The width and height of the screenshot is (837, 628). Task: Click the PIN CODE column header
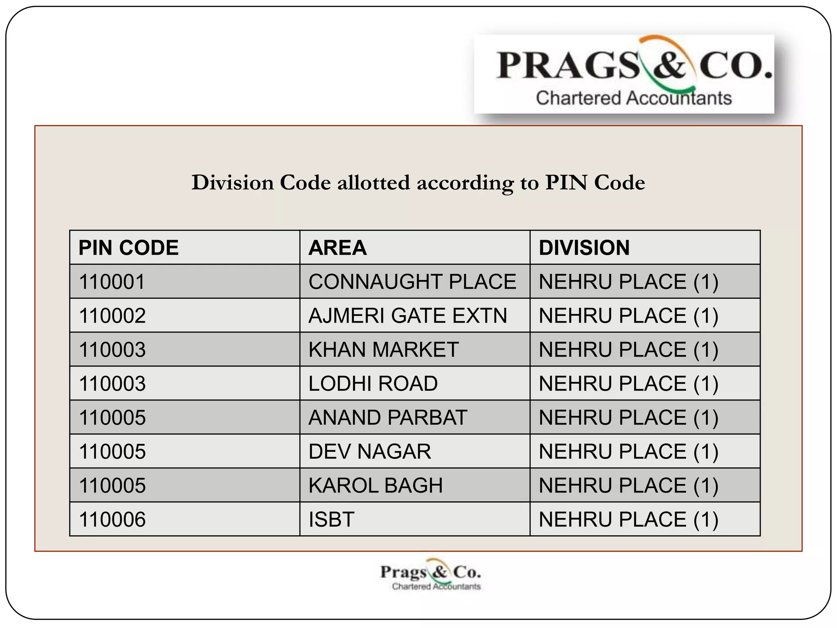pyautogui.click(x=128, y=248)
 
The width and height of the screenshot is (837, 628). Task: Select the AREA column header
pyautogui.click(x=338, y=248)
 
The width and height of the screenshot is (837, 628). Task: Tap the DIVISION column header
pyautogui.click(x=584, y=248)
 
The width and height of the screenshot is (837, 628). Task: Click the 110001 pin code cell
pyautogui.click(x=112, y=282)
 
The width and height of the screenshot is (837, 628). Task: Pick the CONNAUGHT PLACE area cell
pyautogui.click(x=412, y=282)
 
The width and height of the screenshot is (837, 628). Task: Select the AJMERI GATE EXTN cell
pyautogui.click(x=407, y=316)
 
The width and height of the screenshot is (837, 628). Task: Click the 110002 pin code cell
pyautogui.click(x=112, y=316)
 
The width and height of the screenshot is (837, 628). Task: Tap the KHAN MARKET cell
pyautogui.click(x=383, y=350)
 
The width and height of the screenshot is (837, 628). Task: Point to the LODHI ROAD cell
pyautogui.click(x=373, y=384)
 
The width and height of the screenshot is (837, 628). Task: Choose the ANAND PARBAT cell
pyautogui.click(x=387, y=417)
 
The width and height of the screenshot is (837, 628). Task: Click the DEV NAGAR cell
pyautogui.click(x=369, y=451)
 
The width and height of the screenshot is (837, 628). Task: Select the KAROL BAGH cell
pyautogui.click(x=375, y=485)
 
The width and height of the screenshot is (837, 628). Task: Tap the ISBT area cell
pyautogui.click(x=331, y=519)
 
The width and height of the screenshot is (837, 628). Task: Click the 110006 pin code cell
pyautogui.click(x=112, y=519)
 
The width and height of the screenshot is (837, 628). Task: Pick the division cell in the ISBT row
pyautogui.click(x=628, y=519)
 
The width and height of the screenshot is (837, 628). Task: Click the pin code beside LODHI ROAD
pyautogui.click(x=112, y=384)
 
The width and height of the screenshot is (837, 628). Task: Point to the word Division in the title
pyautogui.click(x=233, y=182)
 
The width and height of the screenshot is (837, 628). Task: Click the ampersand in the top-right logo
pyautogui.click(x=669, y=65)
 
